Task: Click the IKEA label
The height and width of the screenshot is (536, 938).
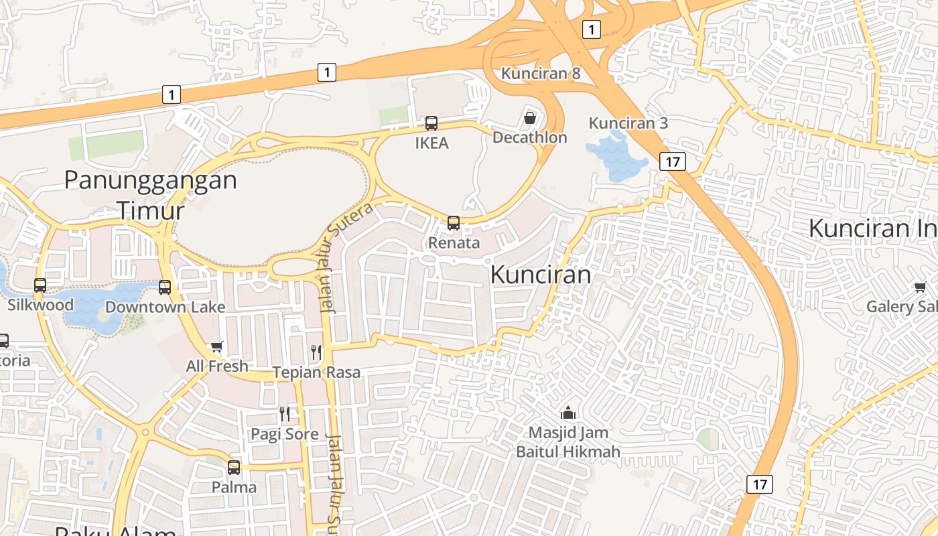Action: pos(431,143)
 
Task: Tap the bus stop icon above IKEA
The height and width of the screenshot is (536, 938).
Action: pos(431,123)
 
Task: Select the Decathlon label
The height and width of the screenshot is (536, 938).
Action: pos(529,137)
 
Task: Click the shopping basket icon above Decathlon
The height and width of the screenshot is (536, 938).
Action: pos(530,119)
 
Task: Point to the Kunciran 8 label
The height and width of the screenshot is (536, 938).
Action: pos(541,74)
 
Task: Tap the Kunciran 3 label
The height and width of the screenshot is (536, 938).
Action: pos(628,123)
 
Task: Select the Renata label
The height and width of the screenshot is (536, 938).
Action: pos(454,243)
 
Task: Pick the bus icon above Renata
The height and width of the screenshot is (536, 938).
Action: pos(454,223)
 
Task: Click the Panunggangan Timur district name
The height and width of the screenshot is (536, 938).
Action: pos(151,195)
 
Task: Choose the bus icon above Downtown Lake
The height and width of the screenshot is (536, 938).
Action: pos(165,287)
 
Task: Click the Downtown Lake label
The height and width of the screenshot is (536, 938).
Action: pos(165,308)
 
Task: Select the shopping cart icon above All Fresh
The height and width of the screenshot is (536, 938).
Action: pos(216,346)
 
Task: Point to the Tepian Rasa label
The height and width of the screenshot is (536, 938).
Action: pos(316,373)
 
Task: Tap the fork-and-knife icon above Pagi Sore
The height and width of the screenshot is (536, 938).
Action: pos(285,414)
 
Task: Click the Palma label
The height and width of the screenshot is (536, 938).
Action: pos(234,487)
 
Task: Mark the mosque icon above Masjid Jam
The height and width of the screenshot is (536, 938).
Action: pos(568,413)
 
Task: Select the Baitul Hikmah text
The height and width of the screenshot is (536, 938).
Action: pos(568,452)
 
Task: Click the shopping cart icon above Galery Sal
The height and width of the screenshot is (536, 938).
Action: pos(920,287)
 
